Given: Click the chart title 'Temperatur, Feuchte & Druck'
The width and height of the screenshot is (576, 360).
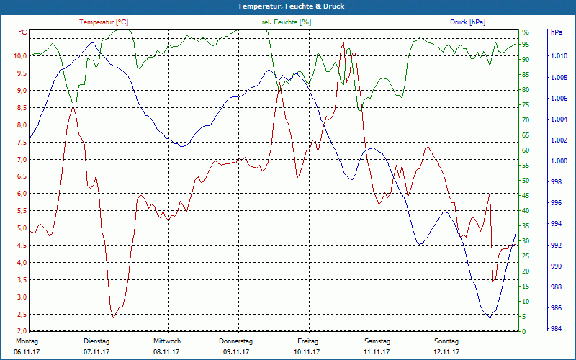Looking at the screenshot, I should click(x=288, y=6).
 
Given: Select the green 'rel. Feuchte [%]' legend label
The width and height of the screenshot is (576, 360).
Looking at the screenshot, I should click(x=287, y=22).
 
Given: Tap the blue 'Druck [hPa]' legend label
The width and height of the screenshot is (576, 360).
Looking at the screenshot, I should click(x=469, y=22).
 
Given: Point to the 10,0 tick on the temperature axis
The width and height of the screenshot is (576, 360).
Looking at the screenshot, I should click(x=19, y=56).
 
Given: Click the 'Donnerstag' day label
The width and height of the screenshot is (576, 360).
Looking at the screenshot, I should click(x=236, y=341).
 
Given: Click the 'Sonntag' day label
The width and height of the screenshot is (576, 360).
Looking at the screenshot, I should click(x=446, y=341).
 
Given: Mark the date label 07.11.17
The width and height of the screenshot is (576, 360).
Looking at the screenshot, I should click(x=96, y=351).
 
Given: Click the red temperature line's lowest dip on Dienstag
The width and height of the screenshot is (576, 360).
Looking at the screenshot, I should click(x=113, y=317).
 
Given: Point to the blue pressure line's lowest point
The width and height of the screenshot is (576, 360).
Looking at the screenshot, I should click(x=490, y=317).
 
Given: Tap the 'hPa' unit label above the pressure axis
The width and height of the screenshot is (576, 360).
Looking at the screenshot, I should click(x=557, y=32).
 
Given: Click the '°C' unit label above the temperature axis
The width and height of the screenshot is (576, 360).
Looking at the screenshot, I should click(x=23, y=32).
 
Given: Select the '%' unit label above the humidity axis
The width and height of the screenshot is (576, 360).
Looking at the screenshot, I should click(x=526, y=32).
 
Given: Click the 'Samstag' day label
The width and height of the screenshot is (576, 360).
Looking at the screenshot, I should click(x=377, y=341).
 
